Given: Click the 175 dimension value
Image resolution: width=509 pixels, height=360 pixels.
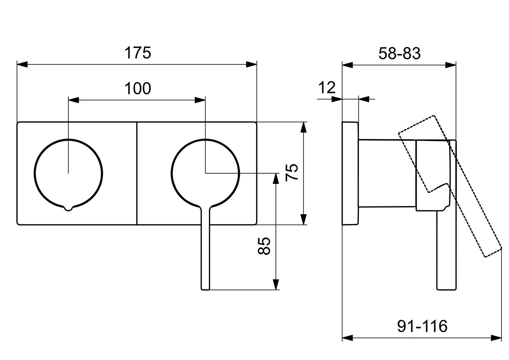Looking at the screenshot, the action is click(138, 53).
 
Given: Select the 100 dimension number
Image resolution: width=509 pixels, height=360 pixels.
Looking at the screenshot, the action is click(138, 88).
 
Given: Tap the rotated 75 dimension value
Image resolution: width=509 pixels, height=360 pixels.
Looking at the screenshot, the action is click(292, 172).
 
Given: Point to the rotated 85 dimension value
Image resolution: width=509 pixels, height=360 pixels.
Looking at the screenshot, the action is click(264, 246).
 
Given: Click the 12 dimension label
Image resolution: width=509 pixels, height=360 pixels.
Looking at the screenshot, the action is click(327, 87).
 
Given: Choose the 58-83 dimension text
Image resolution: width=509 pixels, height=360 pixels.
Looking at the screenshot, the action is click(399, 54).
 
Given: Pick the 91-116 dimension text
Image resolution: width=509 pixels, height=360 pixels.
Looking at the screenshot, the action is click(422, 326).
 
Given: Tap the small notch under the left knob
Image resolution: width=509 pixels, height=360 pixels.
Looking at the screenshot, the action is click(68, 209).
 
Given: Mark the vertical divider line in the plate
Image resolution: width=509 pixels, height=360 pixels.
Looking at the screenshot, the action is click(137, 173).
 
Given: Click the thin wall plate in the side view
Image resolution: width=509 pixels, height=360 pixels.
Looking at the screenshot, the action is click(350, 173).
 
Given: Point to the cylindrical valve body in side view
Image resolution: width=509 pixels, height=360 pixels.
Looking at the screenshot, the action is click(387, 173).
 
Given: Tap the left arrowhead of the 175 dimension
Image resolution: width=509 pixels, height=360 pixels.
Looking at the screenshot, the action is click(22, 64).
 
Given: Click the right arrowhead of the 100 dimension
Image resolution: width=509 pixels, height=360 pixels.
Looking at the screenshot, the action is click(200, 100).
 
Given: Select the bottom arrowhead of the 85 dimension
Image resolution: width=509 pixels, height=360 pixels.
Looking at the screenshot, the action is click(275, 284).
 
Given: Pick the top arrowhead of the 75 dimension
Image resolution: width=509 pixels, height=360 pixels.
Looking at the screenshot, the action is click(303, 127).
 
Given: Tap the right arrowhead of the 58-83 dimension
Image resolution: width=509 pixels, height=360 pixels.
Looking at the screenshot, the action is click(451, 65).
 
